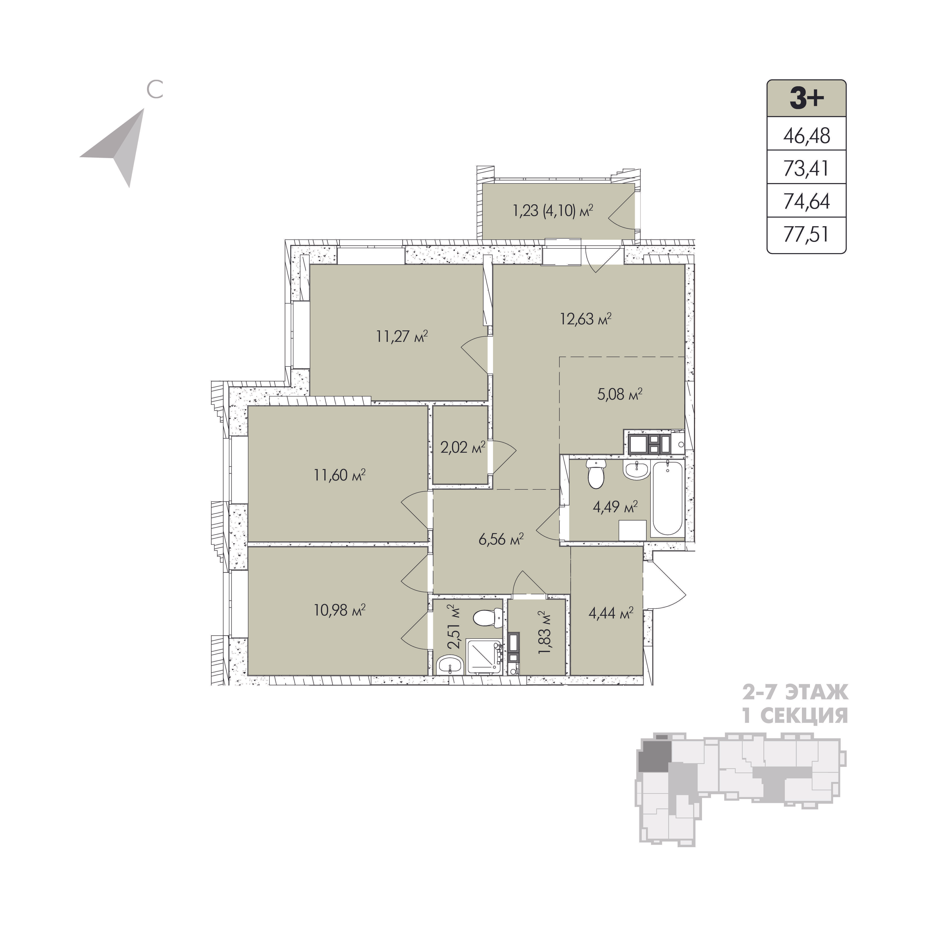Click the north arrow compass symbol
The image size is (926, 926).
(119, 145)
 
